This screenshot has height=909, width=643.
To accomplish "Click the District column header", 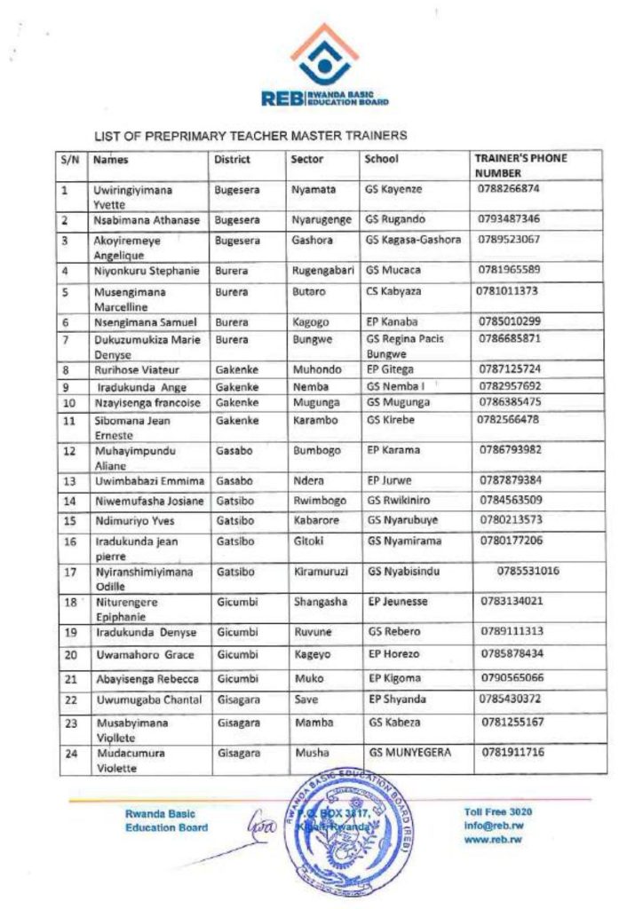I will tap(232, 160).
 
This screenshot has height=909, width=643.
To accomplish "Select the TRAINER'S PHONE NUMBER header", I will tap(520, 165).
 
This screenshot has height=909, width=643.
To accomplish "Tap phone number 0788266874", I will tap(508, 188).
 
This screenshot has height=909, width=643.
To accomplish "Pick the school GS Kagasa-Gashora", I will tap(413, 240).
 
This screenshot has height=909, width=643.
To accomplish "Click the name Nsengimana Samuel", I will tap(145, 320).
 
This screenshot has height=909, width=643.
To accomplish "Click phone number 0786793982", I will tap(509, 449).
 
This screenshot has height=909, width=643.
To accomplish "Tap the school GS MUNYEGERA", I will tap(409, 753).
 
